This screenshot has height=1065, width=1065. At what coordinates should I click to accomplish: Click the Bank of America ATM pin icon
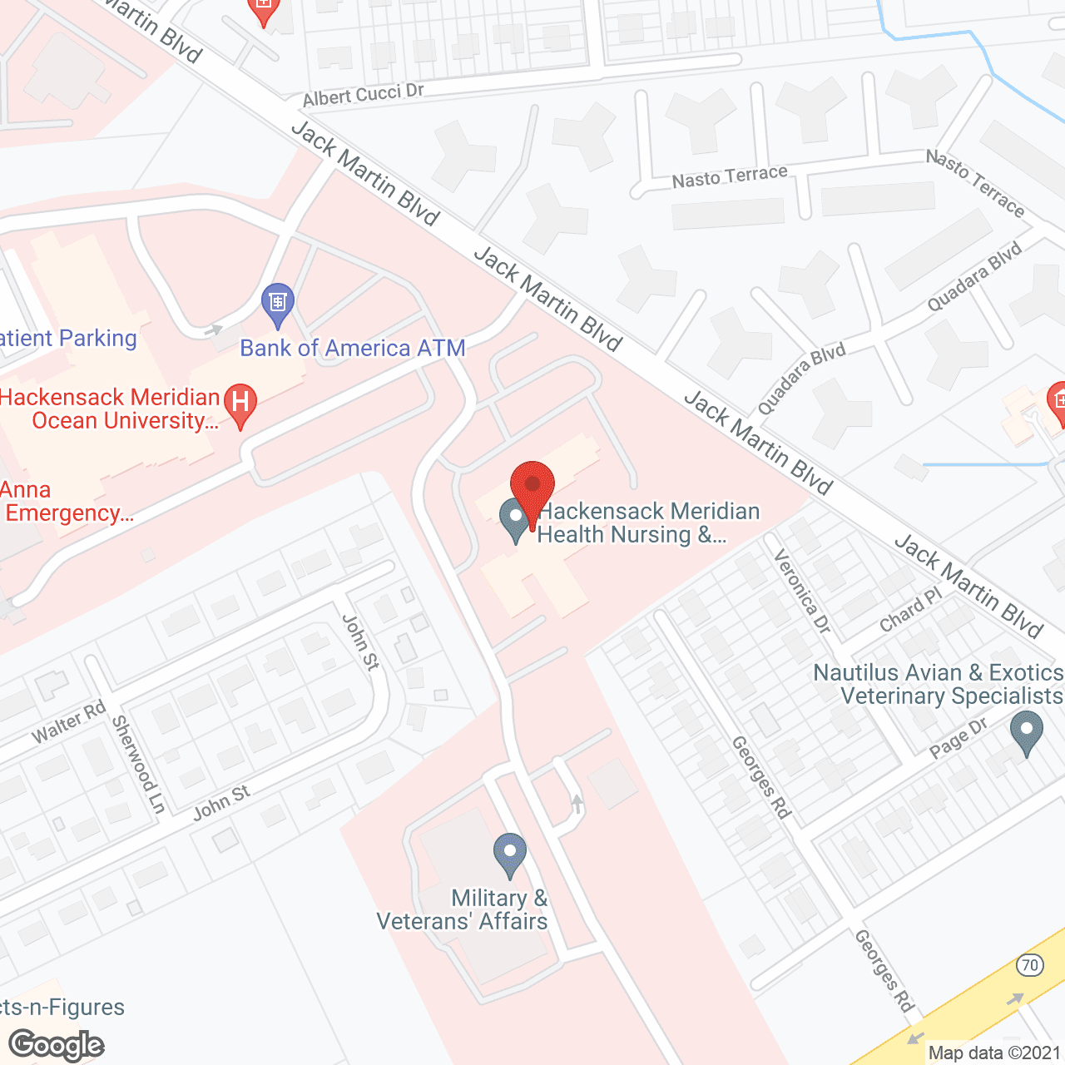pos(278,304)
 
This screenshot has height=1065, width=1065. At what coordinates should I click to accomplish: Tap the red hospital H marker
pos(240,404)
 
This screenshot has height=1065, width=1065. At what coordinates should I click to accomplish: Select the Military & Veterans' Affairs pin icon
pos(510,854)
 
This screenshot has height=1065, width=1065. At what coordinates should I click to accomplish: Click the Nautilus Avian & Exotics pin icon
pos(1026,732)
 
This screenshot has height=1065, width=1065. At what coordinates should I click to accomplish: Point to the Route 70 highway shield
pos(1030,965)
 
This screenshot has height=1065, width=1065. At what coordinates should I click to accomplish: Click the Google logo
pos(57,1045)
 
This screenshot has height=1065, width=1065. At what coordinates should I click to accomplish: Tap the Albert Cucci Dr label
pos(363,96)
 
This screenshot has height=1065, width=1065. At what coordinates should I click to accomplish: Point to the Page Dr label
pos(958,738)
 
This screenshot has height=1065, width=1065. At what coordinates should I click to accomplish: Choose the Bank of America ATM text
pos(353,348)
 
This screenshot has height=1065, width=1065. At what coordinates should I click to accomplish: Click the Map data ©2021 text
pos(994,1053)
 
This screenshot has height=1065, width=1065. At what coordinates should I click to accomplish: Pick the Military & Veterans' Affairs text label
pos(463,909)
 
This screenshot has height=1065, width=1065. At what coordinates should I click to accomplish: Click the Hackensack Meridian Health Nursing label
pos(648,523)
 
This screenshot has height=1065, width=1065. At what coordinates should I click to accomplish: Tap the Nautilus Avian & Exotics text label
pos(938,684)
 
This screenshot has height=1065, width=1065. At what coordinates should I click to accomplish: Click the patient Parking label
pos(68,339)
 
